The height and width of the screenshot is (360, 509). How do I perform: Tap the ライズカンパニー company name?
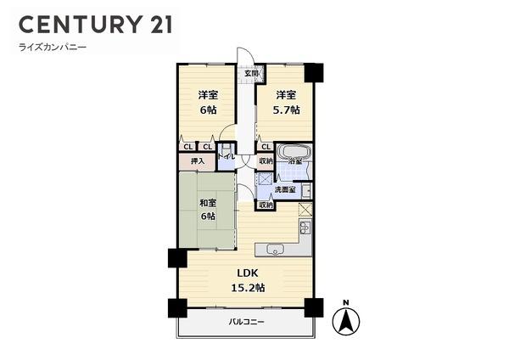coord(53,48)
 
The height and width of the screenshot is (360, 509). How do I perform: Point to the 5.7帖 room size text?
coord(285,111)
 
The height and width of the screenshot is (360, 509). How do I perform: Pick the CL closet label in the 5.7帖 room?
coord(266,146)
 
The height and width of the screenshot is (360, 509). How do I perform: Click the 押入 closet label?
coord(194,160)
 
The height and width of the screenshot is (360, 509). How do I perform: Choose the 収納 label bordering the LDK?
coord(266,205)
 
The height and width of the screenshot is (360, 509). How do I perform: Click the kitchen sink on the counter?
coord(275,249)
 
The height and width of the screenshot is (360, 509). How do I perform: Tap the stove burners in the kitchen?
coord(305,229)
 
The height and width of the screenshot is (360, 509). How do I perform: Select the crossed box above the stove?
coord(305,209)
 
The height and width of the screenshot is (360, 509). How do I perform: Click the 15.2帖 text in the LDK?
coord(247,288)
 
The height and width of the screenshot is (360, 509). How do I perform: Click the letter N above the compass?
coord(346,302)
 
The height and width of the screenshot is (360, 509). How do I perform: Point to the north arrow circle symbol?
coord(346,322)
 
